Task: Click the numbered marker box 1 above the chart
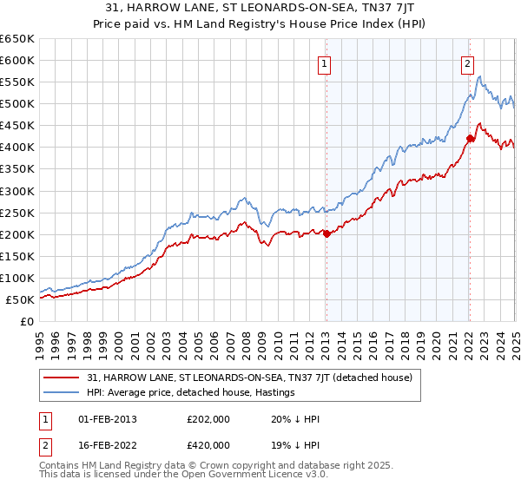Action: click(324, 62)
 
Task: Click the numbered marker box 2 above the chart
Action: click(467, 62)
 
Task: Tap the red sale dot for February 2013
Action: click(326, 233)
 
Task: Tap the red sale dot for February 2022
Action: click(470, 138)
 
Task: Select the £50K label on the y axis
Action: click(20, 299)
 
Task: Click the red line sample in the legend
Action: click(63, 378)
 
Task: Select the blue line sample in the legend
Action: click(63, 392)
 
